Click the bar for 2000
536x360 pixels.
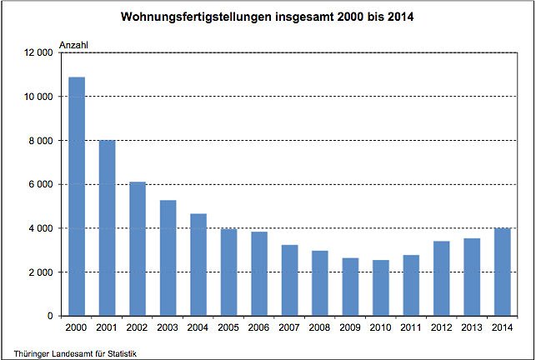[x=77, y=197]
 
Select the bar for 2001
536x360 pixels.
[x=107, y=228]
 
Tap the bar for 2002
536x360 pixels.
[x=138, y=249]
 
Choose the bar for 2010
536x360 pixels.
[x=380, y=288]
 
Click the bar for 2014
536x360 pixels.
[x=502, y=272]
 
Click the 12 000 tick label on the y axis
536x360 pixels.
[x=39, y=52]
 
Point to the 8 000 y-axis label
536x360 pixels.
[x=42, y=141]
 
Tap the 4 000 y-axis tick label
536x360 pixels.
[x=42, y=228]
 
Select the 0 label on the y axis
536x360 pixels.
[x=51, y=317]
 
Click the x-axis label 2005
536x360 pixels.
[x=228, y=327]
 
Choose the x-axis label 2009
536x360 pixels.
[x=350, y=327]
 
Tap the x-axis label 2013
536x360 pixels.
[x=472, y=327]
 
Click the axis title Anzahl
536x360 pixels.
[x=74, y=43]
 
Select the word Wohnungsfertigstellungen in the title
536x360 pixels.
[x=197, y=16]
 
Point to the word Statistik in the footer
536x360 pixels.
[x=119, y=353]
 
